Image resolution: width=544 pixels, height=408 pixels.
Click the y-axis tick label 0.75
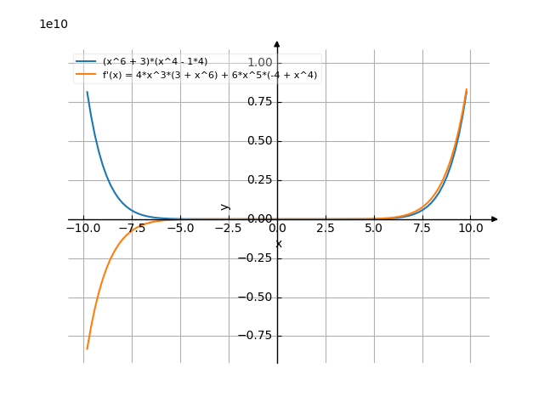[x=259, y=102]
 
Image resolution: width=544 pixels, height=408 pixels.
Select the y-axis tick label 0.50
[x=259, y=141]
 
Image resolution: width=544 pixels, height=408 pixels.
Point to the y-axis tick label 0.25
[x=259, y=180]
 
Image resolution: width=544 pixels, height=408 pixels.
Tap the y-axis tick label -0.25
[x=257, y=258]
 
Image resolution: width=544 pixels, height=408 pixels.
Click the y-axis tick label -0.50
[x=257, y=297]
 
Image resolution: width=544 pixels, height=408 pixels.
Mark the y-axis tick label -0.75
[x=257, y=337]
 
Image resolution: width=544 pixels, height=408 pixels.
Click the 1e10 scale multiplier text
[x=54, y=24]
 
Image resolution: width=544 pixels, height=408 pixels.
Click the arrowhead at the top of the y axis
[x=277, y=43]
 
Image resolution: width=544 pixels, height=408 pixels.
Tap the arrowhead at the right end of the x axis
[x=495, y=219]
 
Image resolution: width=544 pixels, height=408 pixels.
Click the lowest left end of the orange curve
[x=87, y=348]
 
